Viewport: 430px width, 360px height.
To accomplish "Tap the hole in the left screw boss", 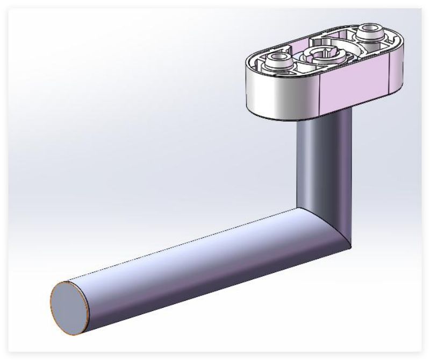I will pos(279,57).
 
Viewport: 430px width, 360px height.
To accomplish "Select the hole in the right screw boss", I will pos(370,29).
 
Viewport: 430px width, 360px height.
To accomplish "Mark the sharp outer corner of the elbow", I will pos(350,249).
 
